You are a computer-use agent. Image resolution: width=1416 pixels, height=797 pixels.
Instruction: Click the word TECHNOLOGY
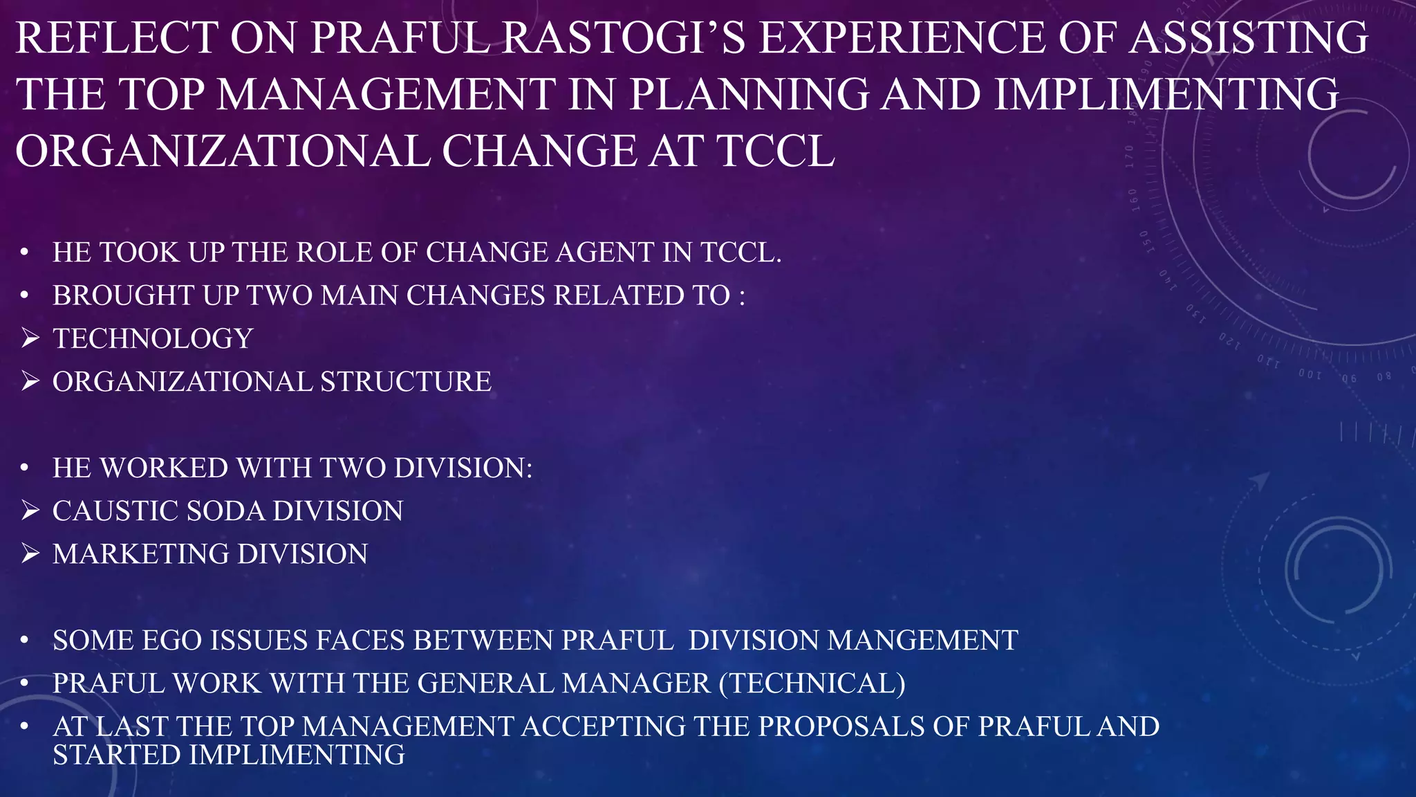[x=153, y=339]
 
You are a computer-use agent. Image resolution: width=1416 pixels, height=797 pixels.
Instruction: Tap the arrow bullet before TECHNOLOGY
[x=30, y=338]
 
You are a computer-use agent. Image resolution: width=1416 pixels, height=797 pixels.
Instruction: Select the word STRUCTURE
[x=405, y=382]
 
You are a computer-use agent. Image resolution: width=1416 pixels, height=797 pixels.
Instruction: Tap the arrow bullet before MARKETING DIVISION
[x=30, y=553]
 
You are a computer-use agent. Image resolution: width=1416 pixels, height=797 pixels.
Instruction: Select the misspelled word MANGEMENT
[x=922, y=641]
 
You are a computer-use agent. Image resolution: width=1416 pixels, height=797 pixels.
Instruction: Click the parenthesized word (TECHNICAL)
[x=812, y=684]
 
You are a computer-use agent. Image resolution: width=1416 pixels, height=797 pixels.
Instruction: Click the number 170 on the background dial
[x=1129, y=156]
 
